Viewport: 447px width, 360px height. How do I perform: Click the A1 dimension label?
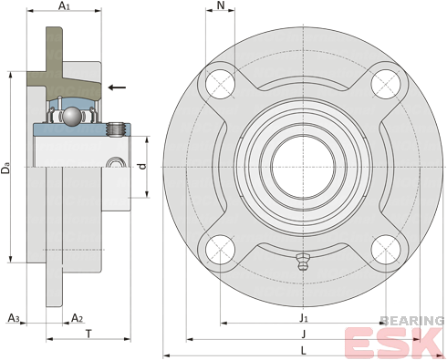[x=64, y=5]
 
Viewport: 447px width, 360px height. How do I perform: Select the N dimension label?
[x=221, y=5]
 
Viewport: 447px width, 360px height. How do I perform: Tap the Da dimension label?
[x=5, y=169]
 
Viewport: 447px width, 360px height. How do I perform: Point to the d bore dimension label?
[x=142, y=166]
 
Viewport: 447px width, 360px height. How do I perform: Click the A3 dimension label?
[x=14, y=318]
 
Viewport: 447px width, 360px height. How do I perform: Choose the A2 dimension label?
[x=77, y=318]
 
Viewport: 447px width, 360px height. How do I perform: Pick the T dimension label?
[x=88, y=334]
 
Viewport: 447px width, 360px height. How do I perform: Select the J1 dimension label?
[x=304, y=318]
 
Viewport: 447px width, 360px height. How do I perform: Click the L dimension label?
[x=304, y=351]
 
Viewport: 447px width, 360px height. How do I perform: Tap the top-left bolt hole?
[x=220, y=84]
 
